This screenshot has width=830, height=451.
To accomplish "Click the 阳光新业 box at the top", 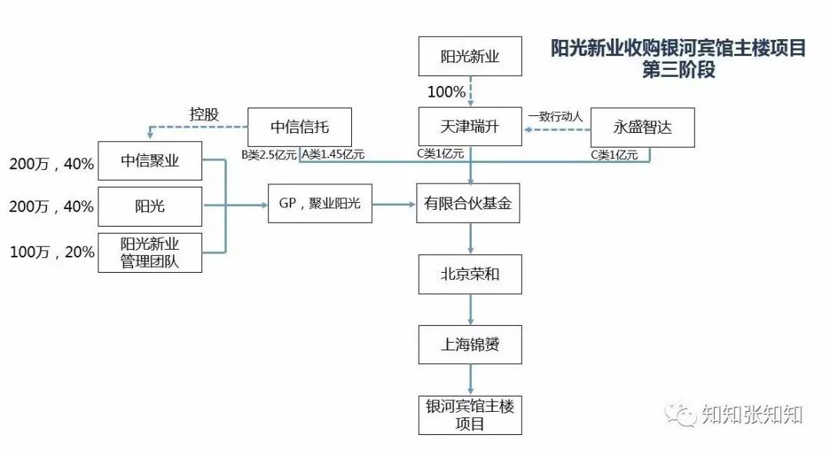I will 470,57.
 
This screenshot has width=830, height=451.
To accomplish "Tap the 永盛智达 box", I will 642,128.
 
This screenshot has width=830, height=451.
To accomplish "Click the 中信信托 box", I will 300,127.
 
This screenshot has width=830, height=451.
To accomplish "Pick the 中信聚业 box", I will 150,161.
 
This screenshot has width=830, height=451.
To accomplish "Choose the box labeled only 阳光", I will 150,206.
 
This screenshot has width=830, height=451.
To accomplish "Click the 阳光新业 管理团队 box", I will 150,252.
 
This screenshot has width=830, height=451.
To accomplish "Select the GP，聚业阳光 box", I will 320,204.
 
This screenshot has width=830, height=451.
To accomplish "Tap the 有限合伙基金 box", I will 470,204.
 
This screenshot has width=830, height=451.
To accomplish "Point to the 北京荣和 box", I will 470,274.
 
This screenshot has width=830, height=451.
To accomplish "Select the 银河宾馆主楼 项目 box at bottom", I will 470,414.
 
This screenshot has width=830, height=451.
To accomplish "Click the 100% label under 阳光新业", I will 447,92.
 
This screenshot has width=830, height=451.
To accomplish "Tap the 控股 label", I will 204,114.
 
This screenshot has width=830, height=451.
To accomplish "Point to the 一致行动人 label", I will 556,117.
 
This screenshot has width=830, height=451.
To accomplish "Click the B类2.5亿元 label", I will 269,154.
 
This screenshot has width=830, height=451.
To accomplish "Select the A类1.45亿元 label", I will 333,154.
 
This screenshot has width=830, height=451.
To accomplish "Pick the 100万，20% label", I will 51,252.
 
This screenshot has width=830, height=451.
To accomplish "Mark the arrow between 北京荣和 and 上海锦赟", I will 470,309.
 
